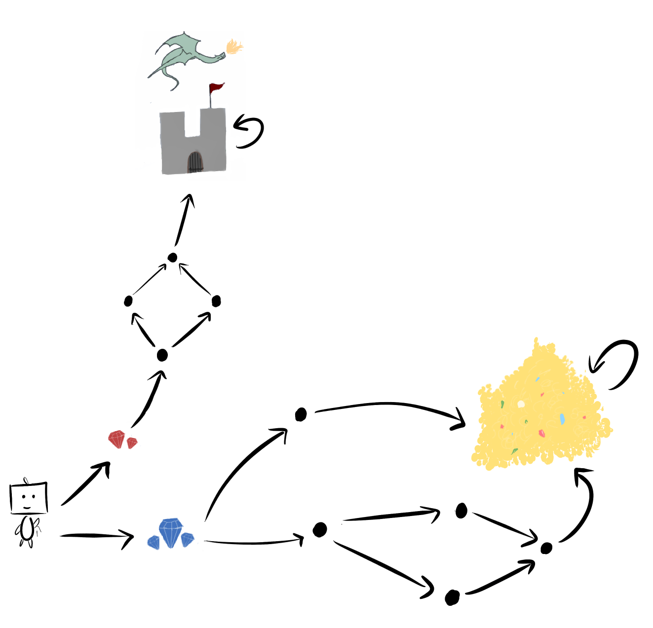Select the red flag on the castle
coord(216,88)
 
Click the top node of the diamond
coord(172,258)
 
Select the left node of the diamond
coord(128,300)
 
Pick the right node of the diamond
coord(216,301)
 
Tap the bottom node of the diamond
coord(162,355)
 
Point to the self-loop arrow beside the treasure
coord(620,363)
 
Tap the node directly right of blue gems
coord(320,529)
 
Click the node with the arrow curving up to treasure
coord(546,548)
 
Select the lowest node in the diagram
coord(452,597)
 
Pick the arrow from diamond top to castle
coord(183,221)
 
